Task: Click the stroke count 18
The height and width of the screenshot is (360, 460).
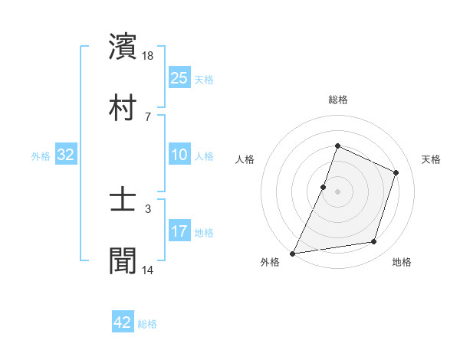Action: [149, 57]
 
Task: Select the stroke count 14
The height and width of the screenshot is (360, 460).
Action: [149, 270]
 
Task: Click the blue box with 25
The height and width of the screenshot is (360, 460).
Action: [179, 77]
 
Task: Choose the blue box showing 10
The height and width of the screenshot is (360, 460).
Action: [179, 155]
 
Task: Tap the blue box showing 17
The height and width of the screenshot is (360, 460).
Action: [179, 231]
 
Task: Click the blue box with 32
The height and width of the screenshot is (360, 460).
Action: [66, 155]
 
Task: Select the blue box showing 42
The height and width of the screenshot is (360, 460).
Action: [123, 322]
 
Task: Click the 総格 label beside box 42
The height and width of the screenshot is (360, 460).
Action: [147, 324]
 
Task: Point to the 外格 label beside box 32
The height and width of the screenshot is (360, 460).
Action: [41, 156]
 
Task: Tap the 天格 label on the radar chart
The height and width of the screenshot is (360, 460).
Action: [431, 159]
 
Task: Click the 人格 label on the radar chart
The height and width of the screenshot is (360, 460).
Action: [245, 159]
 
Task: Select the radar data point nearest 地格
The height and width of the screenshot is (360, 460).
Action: [374, 242]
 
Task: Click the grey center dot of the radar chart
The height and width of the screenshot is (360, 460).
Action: [337, 191]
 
